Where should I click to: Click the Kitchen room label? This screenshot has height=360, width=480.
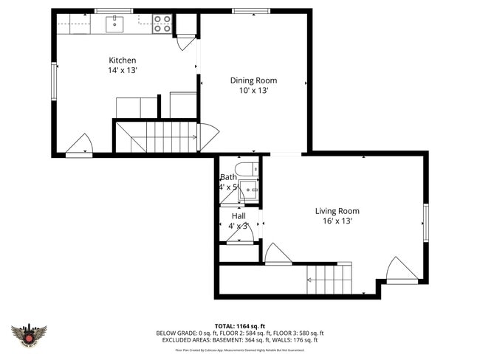point(123,60)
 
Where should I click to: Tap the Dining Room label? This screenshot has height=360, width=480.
point(253,80)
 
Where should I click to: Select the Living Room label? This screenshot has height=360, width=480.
point(337,211)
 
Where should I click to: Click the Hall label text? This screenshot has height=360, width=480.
point(239,215)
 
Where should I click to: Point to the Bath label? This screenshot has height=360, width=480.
point(228,177)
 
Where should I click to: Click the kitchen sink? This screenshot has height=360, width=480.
point(114,24)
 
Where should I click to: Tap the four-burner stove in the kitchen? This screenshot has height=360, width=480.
point(162,24)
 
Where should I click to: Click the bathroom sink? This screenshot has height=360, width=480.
point(249,190)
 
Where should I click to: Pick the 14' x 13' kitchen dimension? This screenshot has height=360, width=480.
point(123,70)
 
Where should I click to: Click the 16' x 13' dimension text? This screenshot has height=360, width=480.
point(337,221)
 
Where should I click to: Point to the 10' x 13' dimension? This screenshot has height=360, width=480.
point(253,90)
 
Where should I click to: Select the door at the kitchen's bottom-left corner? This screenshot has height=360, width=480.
point(80,145)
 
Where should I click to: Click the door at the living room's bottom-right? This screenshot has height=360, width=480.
point(402,270)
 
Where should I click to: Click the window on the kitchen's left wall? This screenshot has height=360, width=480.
point(53,81)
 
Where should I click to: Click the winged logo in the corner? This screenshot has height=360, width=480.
point(29,336)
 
